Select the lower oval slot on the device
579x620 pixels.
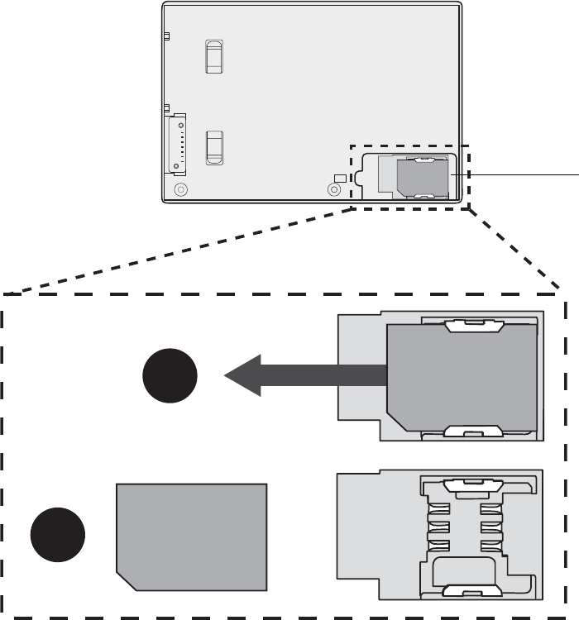tap(214, 146)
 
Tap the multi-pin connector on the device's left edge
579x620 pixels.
tap(177, 144)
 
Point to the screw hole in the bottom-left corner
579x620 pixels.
tap(181, 189)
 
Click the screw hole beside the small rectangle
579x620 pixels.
tap(334, 189)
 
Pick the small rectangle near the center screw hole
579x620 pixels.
tap(339, 179)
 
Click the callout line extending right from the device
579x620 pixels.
tap(521, 174)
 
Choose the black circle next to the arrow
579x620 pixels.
tap(170, 376)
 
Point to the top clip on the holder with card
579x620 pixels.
tap(474, 327)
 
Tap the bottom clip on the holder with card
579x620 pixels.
tap(474, 431)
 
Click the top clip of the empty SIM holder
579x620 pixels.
tap(474, 486)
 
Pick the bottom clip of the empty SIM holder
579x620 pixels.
tap(474, 590)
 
